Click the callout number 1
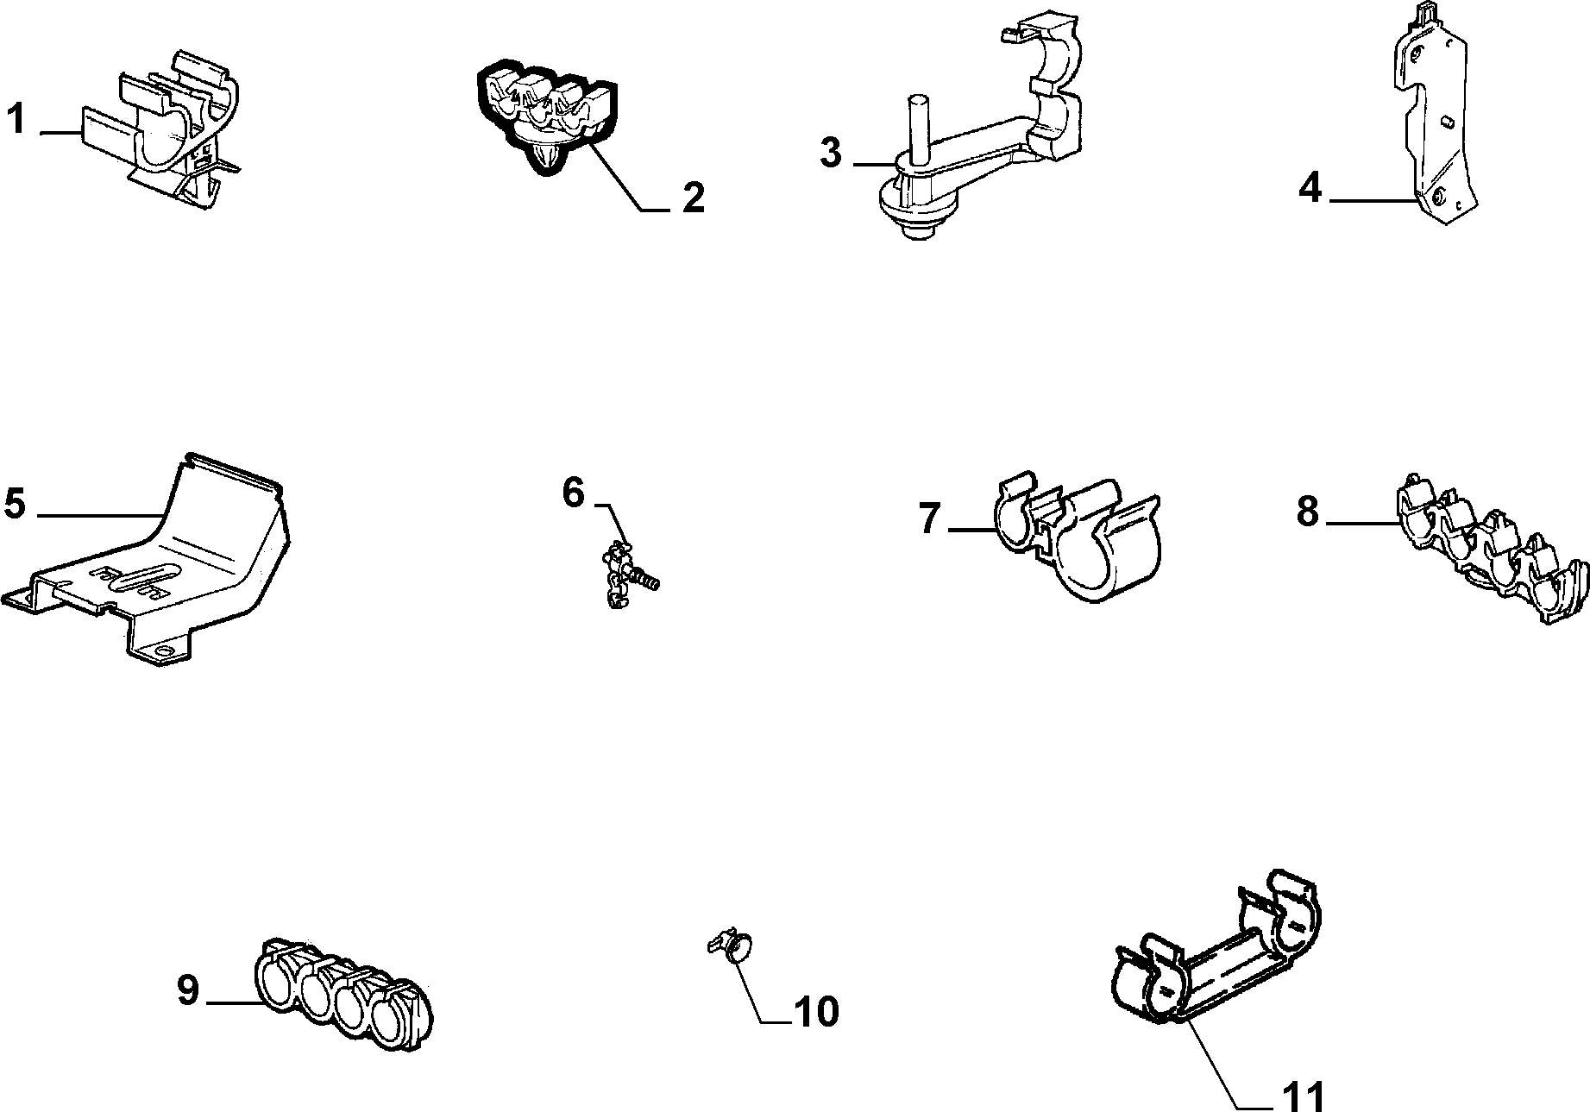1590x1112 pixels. coord(16,118)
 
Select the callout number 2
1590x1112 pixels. coord(693,198)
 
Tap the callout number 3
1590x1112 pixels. coord(829,153)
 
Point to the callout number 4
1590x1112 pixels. coord(1310,187)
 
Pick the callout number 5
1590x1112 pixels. coord(15,503)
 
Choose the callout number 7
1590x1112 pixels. coord(929,518)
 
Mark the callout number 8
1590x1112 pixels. coord(1308,512)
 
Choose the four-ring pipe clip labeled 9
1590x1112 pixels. coord(345,991)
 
